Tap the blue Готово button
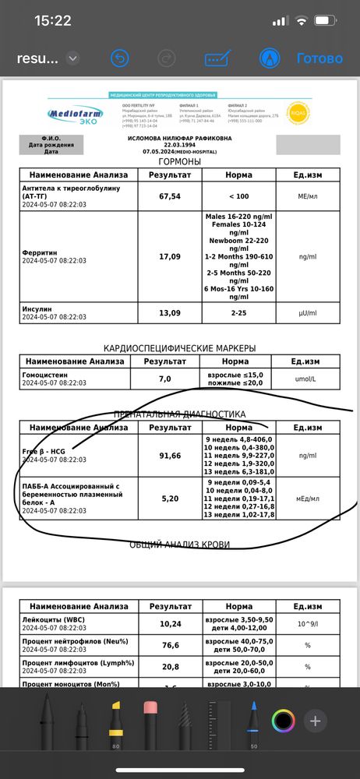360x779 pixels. [319, 58]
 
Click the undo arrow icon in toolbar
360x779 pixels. [119, 58]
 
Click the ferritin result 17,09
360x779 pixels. [164, 255]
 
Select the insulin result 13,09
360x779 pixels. [164, 312]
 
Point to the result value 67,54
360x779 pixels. [164, 196]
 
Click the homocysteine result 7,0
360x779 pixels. [164, 379]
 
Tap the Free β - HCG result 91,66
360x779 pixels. [164, 455]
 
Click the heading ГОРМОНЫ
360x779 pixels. [180, 161]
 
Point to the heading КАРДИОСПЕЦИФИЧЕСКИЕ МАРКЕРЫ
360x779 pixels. [180, 348]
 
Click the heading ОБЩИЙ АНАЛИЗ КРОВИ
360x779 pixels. [180, 545]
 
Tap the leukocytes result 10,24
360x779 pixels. [164, 623]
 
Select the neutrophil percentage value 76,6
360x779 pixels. [164, 645]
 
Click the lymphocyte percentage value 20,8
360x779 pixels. [164, 667]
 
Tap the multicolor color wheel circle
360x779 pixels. [284, 721]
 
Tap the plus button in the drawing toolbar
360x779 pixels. [316, 721]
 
